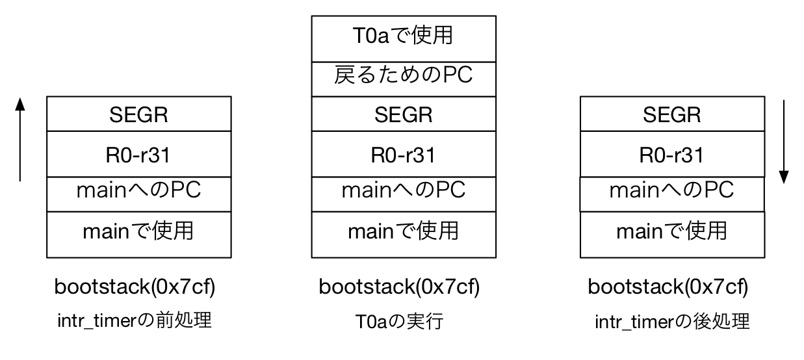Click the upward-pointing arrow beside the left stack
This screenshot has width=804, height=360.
[x=20, y=139]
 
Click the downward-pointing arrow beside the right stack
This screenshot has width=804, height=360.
[x=784, y=142]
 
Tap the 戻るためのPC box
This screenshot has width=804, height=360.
[x=403, y=79]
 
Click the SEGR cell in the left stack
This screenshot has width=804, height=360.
[x=138, y=114]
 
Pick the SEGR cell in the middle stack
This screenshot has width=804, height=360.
[x=403, y=114]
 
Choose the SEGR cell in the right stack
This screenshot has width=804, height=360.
[x=671, y=114]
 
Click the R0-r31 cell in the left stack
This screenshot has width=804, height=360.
[x=138, y=154]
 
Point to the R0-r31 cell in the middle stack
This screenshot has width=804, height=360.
[x=403, y=154]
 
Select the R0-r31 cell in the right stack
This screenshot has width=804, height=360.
[x=671, y=154]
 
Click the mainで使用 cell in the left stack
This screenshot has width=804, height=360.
[x=138, y=233]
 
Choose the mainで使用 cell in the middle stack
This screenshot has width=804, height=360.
[x=403, y=233]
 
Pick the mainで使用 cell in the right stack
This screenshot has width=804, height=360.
[x=671, y=233]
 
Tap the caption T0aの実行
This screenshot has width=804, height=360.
[x=398, y=321]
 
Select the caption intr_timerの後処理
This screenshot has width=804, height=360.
[x=672, y=321]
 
